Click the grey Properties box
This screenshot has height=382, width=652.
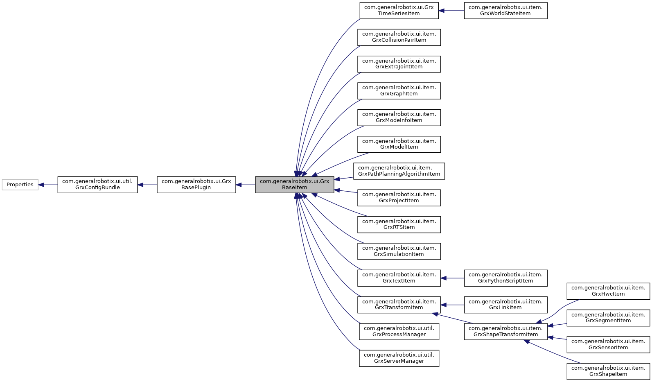20,185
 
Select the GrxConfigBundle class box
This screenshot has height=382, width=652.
97,185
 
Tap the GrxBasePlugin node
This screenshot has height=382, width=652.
196,185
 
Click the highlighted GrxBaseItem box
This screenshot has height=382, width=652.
294,185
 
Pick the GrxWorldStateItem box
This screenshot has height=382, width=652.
505,11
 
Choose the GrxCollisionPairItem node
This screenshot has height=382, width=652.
399,37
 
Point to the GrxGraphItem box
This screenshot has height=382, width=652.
399,90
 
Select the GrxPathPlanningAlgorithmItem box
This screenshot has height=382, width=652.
399,171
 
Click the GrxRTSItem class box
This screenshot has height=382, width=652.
399,224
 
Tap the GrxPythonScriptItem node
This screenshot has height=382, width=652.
505,278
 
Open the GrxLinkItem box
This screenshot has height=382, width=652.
505,305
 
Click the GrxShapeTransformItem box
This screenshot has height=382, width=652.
505,332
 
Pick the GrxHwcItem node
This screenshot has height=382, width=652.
608,291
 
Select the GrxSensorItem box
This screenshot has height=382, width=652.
608,345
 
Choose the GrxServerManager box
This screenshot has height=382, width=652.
399,358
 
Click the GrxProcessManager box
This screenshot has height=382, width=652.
399,332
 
